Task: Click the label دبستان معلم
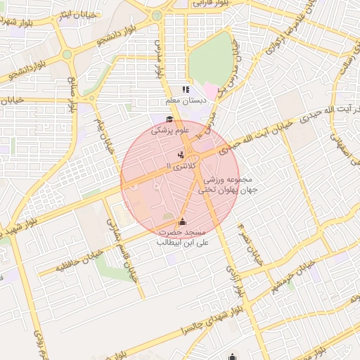point(186,101)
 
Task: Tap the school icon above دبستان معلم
point(186,89)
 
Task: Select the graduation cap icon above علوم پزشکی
point(169,119)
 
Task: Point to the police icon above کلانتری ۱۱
point(182,154)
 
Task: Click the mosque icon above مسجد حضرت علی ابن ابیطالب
point(183,221)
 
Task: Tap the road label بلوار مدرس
point(157,59)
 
